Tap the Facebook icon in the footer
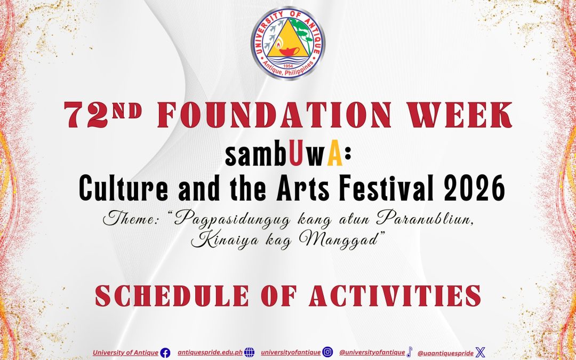(x=165, y=353)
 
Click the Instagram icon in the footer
(x=329, y=353)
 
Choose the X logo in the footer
(x=481, y=353)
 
